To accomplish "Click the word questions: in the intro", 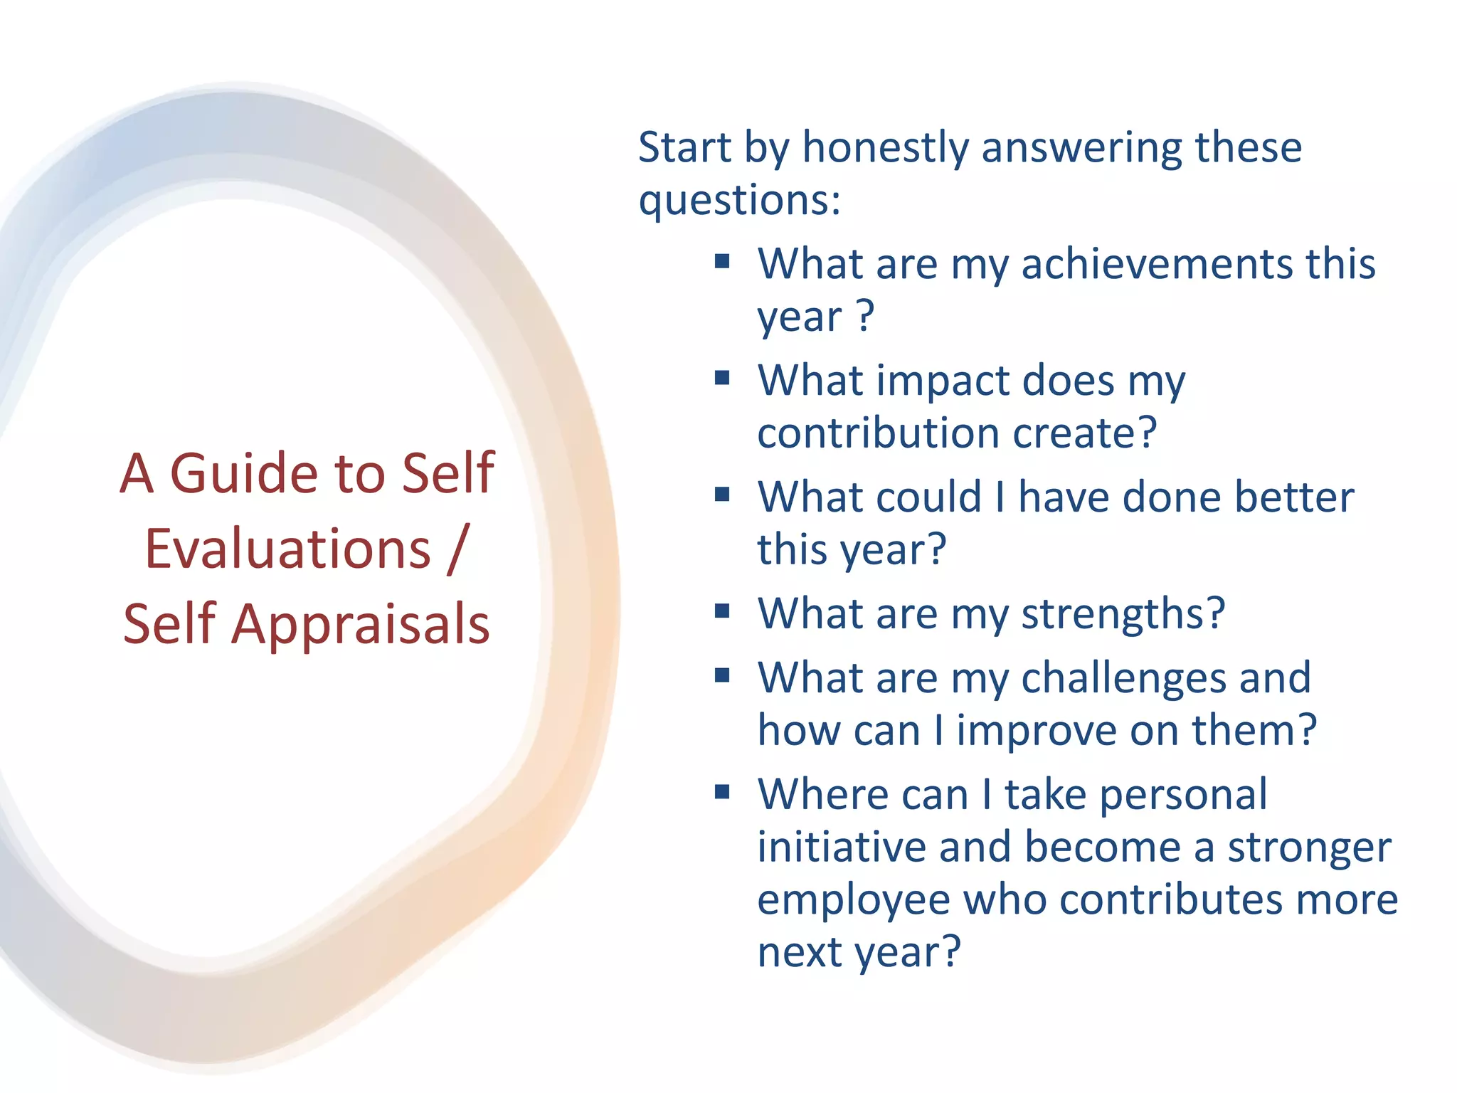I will [x=739, y=200].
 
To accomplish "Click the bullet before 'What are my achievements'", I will [x=722, y=260].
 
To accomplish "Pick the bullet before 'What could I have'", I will [x=722, y=494].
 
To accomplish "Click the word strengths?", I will [x=1123, y=613].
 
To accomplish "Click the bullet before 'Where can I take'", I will [x=722, y=791].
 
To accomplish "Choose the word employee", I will [x=853, y=900].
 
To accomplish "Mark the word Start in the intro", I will [x=684, y=148].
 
